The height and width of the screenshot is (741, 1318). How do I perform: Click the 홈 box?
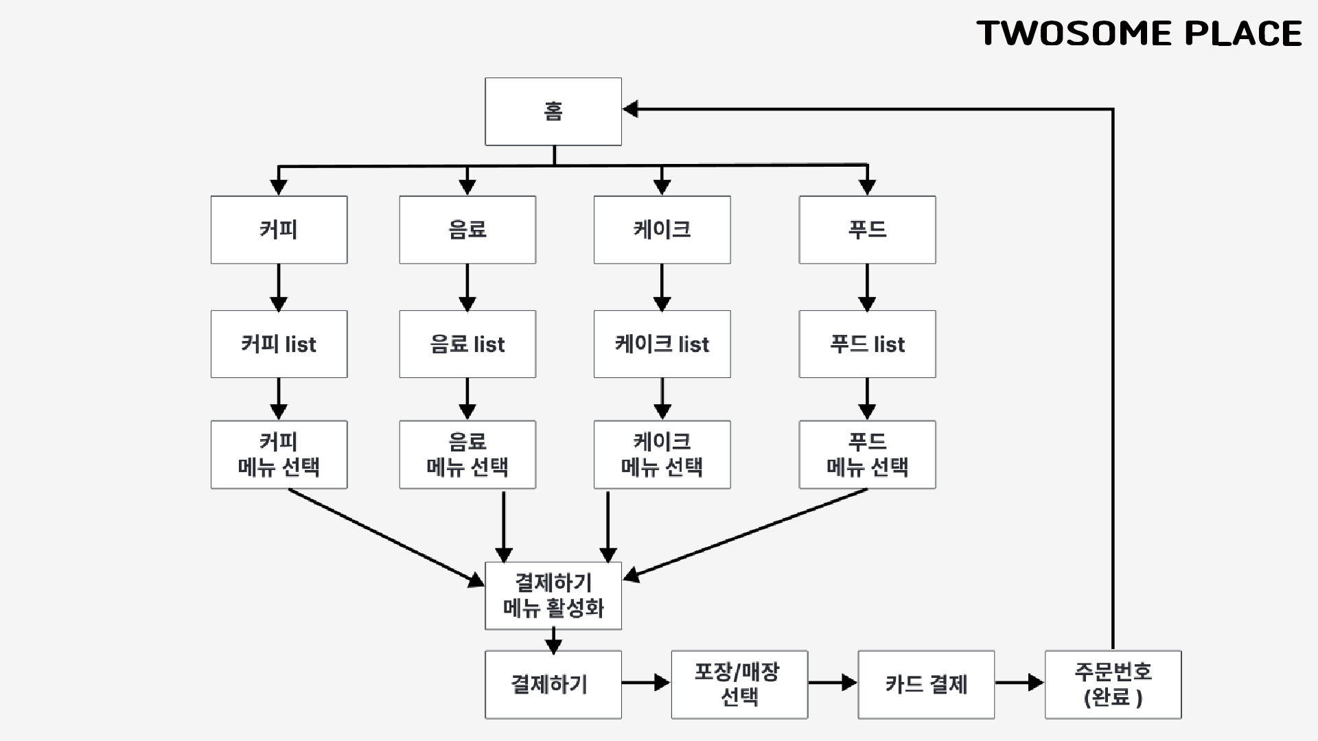coord(553,111)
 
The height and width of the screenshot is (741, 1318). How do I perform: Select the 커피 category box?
coord(279,230)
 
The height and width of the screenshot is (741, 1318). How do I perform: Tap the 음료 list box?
coord(467,344)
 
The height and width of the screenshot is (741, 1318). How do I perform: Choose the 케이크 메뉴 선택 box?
coord(662,454)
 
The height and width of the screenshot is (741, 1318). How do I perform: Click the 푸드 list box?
coord(867,344)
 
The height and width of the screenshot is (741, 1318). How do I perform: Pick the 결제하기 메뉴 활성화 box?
coord(553,596)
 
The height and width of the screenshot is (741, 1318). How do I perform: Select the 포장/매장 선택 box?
coord(739,684)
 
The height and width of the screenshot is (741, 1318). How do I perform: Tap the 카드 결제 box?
coord(926,684)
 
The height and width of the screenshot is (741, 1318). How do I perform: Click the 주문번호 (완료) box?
coord(1113,684)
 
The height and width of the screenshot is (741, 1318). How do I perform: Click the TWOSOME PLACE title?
coord(1139,34)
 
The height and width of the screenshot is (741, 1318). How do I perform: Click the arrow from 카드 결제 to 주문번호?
coord(1019,683)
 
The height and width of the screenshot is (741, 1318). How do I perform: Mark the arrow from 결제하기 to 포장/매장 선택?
coord(646,683)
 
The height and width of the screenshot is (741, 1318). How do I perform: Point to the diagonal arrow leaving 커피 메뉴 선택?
coord(384,537)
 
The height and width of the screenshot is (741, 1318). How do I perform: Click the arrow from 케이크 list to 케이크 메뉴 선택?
coord(662,399)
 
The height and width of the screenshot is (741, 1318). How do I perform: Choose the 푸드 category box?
coord(867,230)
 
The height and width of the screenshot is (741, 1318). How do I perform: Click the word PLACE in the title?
coord(1243,34)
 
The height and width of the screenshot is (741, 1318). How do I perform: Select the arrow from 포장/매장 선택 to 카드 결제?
coord(833,683)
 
